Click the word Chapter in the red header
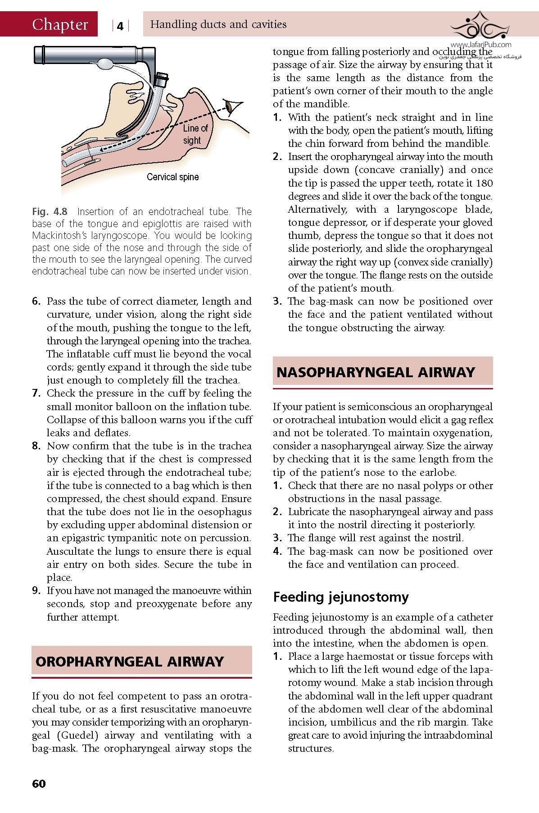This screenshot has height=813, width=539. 60,24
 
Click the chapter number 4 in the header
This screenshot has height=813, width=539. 120,26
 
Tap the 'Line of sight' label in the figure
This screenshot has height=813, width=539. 195,134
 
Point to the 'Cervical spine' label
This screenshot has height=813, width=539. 172,177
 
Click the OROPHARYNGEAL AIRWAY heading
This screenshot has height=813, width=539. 129,661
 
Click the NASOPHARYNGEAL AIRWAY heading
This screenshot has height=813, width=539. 376,372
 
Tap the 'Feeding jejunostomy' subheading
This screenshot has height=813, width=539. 341,597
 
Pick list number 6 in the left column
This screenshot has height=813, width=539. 36,301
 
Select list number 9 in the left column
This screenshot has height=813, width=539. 36,591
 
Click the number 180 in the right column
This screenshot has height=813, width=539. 484,183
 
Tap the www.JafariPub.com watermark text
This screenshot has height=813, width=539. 480,45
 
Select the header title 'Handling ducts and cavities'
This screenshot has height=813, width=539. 218,24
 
